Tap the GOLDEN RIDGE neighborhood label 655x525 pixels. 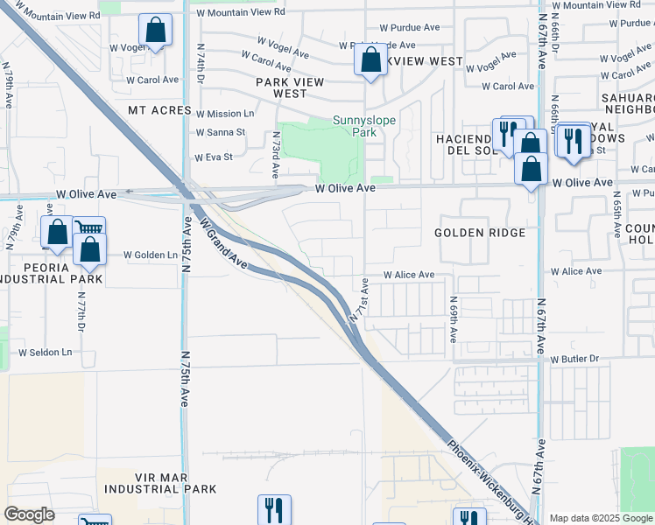[480, 233]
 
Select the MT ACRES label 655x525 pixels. [159, 110]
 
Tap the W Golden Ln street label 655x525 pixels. [151, 255]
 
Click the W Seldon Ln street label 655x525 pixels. [46, 353]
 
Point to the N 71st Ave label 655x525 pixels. [360, 299]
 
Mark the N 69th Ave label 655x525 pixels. [454, 324]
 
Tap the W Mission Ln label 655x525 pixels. [225, 114]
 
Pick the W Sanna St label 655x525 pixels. [221, 133]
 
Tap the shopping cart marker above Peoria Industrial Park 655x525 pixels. [88, 228]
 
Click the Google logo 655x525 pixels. [30, 514]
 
